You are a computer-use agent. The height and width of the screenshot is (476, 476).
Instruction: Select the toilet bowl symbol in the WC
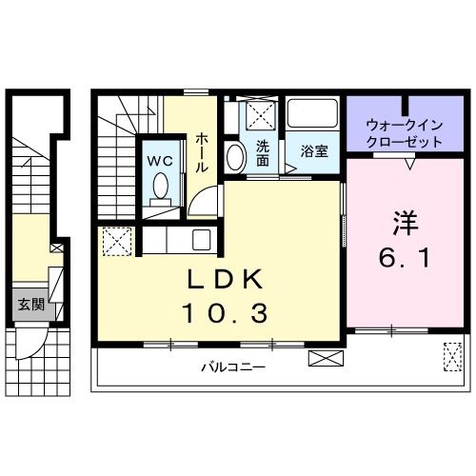[x=160, y=186]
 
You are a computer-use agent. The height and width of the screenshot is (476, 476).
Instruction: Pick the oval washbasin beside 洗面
[x=234, y=157]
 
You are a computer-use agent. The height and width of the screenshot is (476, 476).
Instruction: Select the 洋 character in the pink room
[x=406, y=225]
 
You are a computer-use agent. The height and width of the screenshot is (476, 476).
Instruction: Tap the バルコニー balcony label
[x=232, y=367]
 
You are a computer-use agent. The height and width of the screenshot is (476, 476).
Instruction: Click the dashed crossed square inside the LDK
[x=116, y=241]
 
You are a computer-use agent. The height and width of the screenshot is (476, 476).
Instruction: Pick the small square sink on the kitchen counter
[x=201, y=240]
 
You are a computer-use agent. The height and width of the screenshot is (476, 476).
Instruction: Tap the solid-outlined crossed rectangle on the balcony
[x=324, y=360]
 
